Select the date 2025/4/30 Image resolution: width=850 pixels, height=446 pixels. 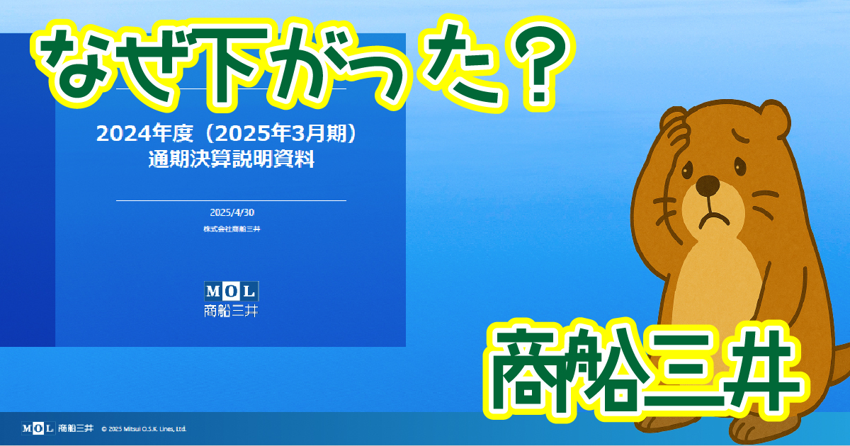pyautogui.click(x=232, y=212)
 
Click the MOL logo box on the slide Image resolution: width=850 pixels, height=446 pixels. pyautogui.click(x=232, y=291)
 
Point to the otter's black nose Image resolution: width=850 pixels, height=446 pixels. pyautogui.click(x=708, y=185)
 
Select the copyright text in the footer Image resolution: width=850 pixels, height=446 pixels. pyautogui.click(x=144, y=429)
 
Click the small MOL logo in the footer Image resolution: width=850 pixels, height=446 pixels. pyautogui.click(x=38, y=428)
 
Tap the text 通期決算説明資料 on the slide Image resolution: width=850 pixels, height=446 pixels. pyautogui.click(x=232, y=159)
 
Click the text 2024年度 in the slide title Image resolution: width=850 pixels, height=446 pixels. pyautogui.click(x=144, y=133)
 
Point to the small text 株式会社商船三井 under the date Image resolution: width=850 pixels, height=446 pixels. pyautogui.click(x=232, y=229)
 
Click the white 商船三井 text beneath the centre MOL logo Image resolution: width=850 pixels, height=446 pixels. pyautogui.click(x=231, y=311)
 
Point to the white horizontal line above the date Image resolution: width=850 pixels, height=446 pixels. pyautogui.click(x=231, y=200)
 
